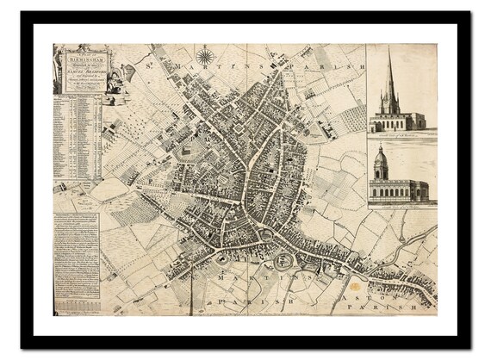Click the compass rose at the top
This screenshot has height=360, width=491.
coord(205,58)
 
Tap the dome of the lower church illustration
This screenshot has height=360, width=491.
coord(381,154)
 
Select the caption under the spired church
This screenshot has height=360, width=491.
coord(401,134)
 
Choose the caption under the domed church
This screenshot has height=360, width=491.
coord(401,205)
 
